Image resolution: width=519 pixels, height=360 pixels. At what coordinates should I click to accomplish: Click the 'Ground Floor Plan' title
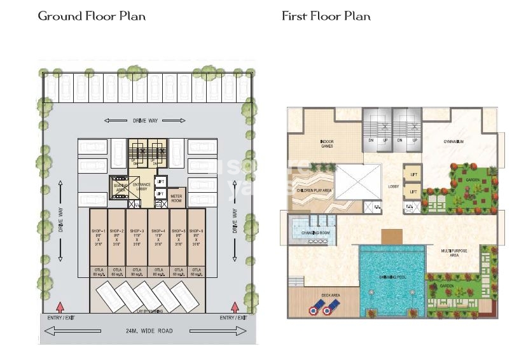coord(92,16)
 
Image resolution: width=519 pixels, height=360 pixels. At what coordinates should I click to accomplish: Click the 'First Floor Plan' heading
coord(326,16)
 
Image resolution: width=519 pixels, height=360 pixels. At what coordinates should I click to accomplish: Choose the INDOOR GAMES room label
coord(326,144)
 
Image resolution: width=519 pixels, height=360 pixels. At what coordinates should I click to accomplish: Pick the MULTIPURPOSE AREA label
coord(454,253)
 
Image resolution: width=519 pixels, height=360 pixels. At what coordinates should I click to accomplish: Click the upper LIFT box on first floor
coord(413,174)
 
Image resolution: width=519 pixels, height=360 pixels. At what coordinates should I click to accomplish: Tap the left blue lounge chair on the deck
coord(315,310)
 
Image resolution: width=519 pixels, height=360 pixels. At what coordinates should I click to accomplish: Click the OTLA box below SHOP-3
coord(137,272)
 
